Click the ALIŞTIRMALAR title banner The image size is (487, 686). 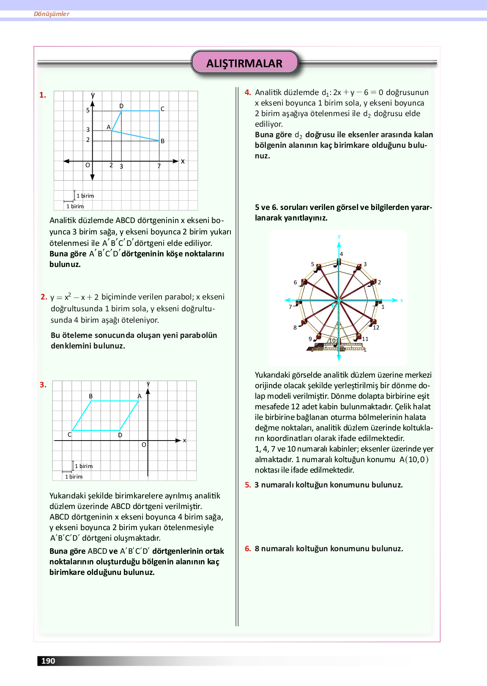(244, 63)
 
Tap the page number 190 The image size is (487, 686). (48, 661)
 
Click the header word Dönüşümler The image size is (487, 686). (52, 14)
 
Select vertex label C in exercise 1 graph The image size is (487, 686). (162, 109)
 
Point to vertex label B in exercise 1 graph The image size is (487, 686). (162, 141)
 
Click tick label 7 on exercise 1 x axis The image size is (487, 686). (159, 166)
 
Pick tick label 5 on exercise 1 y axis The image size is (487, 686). (88, 110)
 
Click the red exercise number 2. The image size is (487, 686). (44, 297)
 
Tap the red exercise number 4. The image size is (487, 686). (248, 93)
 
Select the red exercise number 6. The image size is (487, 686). (248, 549)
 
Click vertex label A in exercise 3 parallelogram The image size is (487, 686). (140, 396)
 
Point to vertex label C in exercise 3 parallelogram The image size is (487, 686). (70, 435)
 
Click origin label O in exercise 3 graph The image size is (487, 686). (144, 445)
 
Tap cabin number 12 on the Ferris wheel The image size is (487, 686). (376, 327)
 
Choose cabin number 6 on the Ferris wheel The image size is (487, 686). (295, 282)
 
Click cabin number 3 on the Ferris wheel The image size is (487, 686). (365, 264)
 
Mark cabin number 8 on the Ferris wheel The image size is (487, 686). (295, 327)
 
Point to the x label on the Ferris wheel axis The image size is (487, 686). (402, 300)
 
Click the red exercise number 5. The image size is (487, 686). (248, 485)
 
